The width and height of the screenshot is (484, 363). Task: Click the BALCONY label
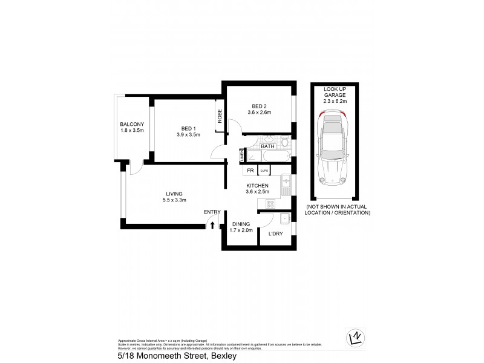131,125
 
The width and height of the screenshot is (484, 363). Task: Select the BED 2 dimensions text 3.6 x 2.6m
259,111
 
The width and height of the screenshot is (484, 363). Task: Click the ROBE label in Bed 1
220,116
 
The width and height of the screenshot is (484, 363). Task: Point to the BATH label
267,146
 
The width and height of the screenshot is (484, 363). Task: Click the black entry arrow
212,225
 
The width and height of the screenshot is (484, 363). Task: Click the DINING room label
241,224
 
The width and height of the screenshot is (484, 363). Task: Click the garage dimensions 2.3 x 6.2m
335,102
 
